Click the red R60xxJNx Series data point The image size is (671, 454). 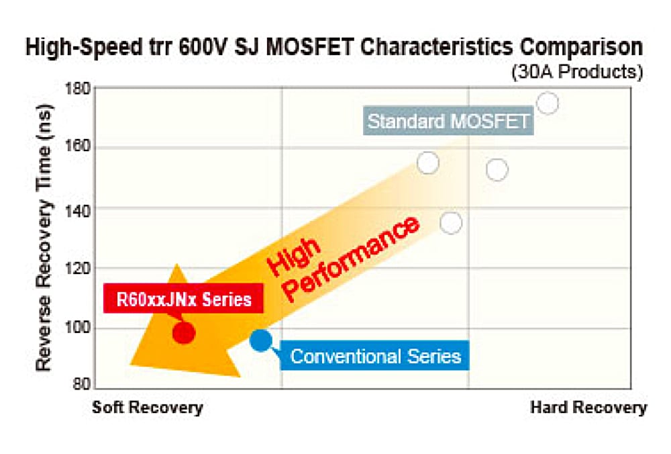[x=183, y=332]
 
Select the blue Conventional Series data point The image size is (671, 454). [x=260, y=340]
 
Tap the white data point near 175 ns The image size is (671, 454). [x=548, y=103]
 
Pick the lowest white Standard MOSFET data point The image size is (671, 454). [x=452, y=222]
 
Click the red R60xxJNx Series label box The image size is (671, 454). [x=184, y=299]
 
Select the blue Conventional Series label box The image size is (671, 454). [x=375, y=355]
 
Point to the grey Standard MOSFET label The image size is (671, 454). [x=449, y=122]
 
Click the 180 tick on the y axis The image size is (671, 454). [x=79, y=89]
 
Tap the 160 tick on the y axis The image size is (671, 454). [x=79, y=148]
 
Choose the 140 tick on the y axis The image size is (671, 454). [x=79, y=209]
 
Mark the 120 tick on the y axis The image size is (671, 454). [x=79, y=269]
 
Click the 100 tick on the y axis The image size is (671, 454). [x=79, y=328]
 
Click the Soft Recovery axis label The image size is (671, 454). [x=147, y=408]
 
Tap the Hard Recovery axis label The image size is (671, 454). [x=588, y=408]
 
